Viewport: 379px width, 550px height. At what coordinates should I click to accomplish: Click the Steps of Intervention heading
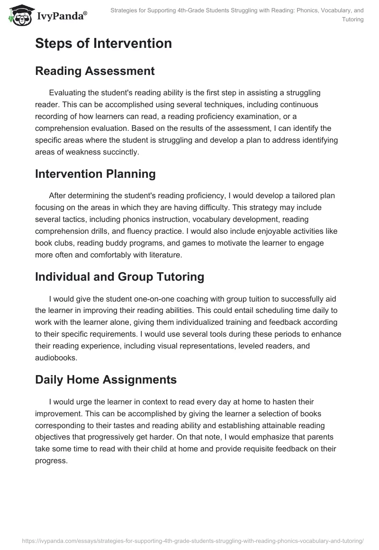click(x=103, y=44)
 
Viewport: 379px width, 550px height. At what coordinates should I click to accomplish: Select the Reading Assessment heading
click(x=95, y=71)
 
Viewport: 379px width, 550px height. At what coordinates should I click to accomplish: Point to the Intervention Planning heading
click(x=95, y=174)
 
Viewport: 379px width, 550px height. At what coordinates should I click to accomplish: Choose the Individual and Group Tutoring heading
click(x=119, y=277)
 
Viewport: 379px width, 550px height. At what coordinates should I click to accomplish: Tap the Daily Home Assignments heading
click(x=106, y=379)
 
